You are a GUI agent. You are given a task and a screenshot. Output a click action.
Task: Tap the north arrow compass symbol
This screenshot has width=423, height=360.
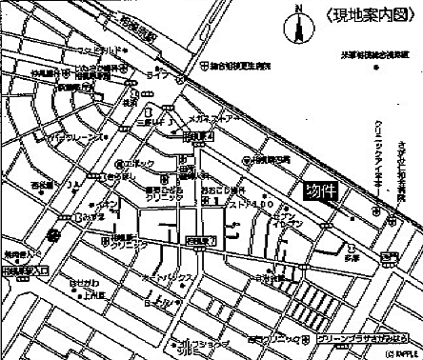(x=298, y=27)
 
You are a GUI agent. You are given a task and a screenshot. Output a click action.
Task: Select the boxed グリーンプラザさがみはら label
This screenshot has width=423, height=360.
(x=363, y=337)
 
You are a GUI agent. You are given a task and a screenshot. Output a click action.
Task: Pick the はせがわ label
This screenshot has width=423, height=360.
(x=80, y=283)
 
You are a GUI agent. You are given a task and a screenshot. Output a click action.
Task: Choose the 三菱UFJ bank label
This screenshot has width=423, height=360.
(x=155, y=122)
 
